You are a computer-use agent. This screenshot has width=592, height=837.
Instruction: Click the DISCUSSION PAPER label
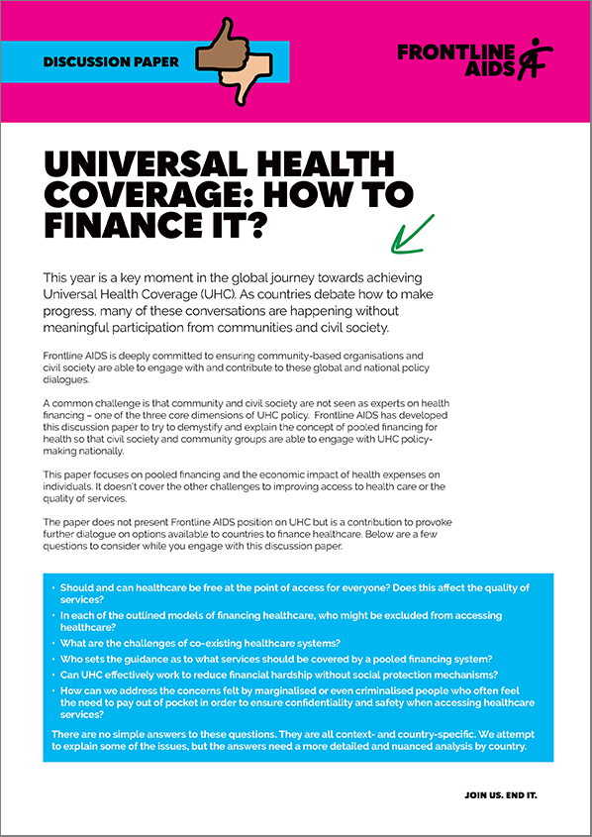[x=111, y=61]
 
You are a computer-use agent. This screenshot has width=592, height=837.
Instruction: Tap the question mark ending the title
[x=256, y=227]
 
